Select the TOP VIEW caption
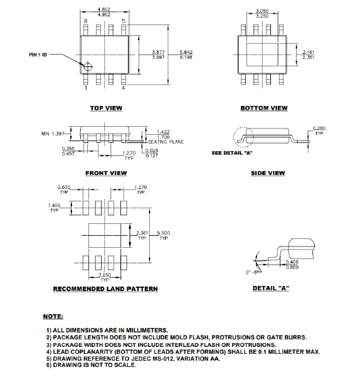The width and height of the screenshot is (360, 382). coord(106,108)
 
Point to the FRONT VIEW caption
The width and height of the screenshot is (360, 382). coord(106,173)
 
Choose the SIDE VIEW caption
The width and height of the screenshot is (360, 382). coord(268,173)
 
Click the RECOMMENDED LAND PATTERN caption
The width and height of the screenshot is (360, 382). coord(105,289)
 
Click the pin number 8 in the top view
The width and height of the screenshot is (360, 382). coord(86,21)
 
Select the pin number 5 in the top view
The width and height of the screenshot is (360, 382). coord(124,21)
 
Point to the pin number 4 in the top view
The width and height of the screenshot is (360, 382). coord(123,88)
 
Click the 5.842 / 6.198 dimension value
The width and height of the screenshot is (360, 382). coord(186,55)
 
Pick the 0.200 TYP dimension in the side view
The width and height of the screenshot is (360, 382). coord(319,131)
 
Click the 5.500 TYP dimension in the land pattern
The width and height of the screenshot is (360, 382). coord(164,236)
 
